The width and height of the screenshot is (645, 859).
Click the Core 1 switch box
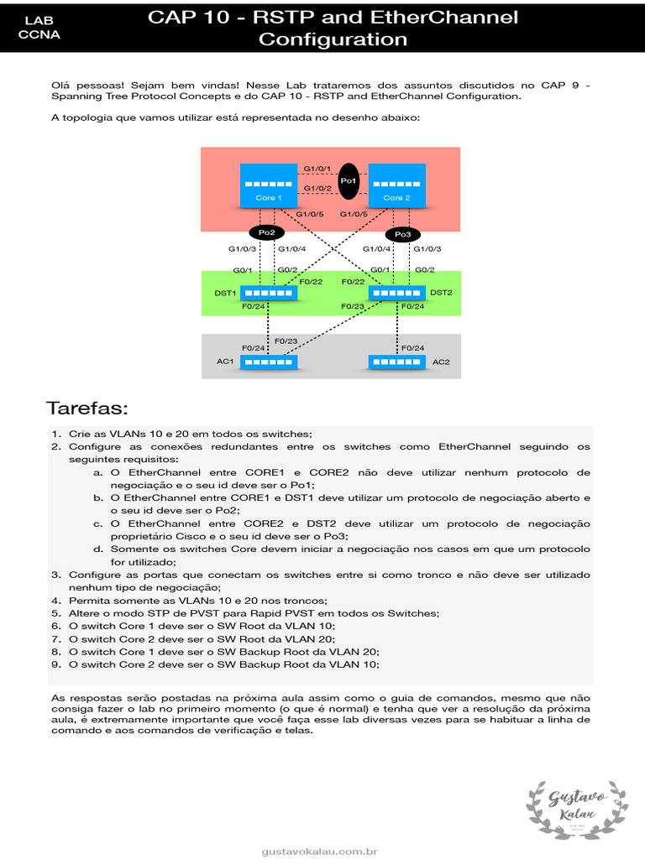click(x=268, y=185)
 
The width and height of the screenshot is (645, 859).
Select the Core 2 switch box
click(x=396, y=185)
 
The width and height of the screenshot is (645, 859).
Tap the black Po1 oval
click(x=349, y=180)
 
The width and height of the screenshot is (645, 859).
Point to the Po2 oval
click(x=266, y=232)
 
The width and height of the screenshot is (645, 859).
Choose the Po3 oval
click(x=402, y=234)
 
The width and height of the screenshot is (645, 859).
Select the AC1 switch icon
click(x=269, y=362)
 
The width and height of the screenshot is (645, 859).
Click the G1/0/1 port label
click(x=317, y=169)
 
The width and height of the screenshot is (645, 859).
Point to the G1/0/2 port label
click(x=317, y=188)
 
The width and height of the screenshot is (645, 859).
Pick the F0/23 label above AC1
click(x=286, y=341)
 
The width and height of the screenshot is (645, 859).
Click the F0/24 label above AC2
click(x=412, y=347)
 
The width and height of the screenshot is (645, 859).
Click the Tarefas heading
click(x=87, y=409)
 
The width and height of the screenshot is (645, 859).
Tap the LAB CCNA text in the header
click(x=39, y=27)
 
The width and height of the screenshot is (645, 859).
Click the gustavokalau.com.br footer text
click(x=319, y=851)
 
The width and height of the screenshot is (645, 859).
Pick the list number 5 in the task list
click(x=55, y=613)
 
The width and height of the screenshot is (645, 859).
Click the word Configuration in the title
click(x=333, y=39)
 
